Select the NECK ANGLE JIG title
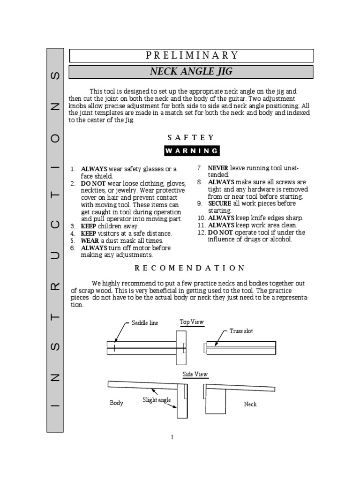(x=191, y=72)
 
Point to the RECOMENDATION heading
(x=190, y=268)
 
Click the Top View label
(x=192, y=322)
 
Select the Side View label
(x=195, y=375)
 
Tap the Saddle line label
(x=145, y=323)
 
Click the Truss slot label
(x=241, y=331)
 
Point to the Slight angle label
(x=157, y=400)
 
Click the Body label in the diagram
(x=116, y=403)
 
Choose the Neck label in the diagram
(x=250, y=404)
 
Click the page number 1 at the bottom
(x=172, y=438)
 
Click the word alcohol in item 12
(x=281, y=240)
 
